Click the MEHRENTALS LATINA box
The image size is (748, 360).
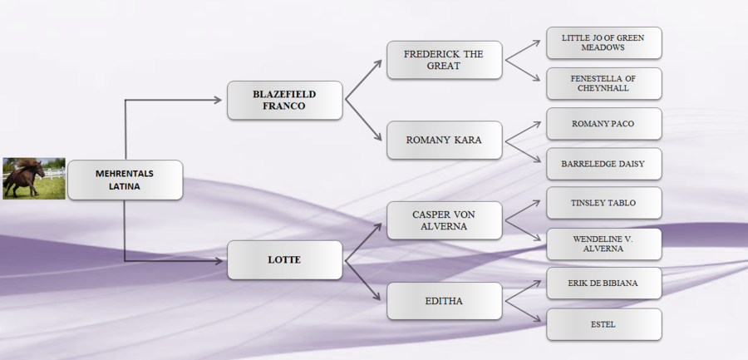(x=125, y=180)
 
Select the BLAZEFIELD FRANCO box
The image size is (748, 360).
(x=285, y=100)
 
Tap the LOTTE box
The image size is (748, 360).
(x=285, y=259)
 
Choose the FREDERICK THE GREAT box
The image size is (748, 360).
(x=444, y=60)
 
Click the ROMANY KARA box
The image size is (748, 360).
(x=444, y=140)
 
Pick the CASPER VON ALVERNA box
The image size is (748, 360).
(x=444, y=219)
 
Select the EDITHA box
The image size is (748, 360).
(x=444, y=300)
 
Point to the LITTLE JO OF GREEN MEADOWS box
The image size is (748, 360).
(x=603, y=42)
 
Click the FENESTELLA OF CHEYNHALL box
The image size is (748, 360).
(x=603, y=83)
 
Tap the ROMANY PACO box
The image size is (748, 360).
(x=603, y=123)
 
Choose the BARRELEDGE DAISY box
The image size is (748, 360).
(x=603, y=164)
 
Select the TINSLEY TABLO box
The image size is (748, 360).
(x=603, y=203)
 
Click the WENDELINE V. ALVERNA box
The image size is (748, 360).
(x=603, y=244)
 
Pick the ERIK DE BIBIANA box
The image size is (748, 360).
(x=603, y=283)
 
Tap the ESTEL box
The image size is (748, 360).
(x=603, y=324)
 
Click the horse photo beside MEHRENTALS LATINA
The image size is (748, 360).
(x=34, y=178)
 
